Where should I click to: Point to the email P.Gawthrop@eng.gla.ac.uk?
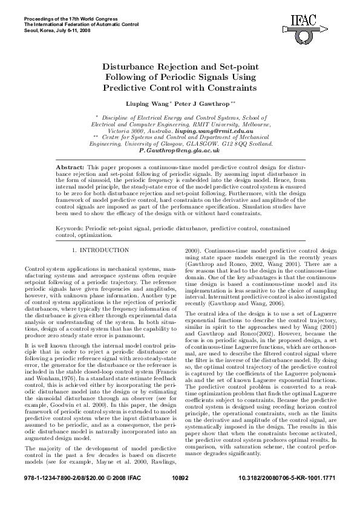[179, 151]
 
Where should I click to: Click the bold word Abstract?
[70, 166]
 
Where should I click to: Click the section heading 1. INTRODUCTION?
[100, 250]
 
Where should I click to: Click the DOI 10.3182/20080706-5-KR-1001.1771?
[284, 493]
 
